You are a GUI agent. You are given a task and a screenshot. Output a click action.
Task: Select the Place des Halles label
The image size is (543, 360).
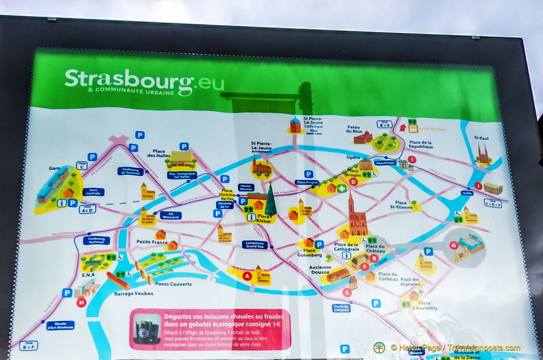(159, 154)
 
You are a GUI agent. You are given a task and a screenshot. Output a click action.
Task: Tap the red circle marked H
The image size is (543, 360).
(81, 302)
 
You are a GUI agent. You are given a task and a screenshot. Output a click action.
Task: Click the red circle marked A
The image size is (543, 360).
(247, 276)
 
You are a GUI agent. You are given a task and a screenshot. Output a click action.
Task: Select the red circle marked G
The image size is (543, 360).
(453, 245)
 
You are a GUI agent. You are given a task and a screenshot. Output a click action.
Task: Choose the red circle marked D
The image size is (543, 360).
(353, 182)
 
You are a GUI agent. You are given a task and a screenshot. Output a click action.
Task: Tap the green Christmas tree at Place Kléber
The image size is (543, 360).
(271, 202)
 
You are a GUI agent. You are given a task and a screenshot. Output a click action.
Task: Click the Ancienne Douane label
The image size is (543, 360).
(319, 270)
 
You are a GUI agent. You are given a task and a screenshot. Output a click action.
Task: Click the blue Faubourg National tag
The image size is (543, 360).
(97, 241)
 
